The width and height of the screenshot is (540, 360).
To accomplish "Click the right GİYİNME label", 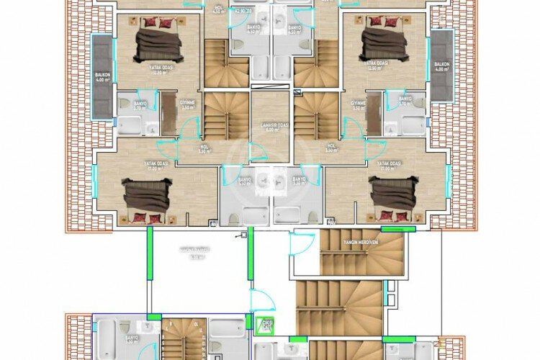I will pos(359,103).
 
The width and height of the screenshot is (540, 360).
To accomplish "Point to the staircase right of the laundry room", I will pos(315,115).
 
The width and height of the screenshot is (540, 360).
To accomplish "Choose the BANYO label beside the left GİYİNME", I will pos(140,103).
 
